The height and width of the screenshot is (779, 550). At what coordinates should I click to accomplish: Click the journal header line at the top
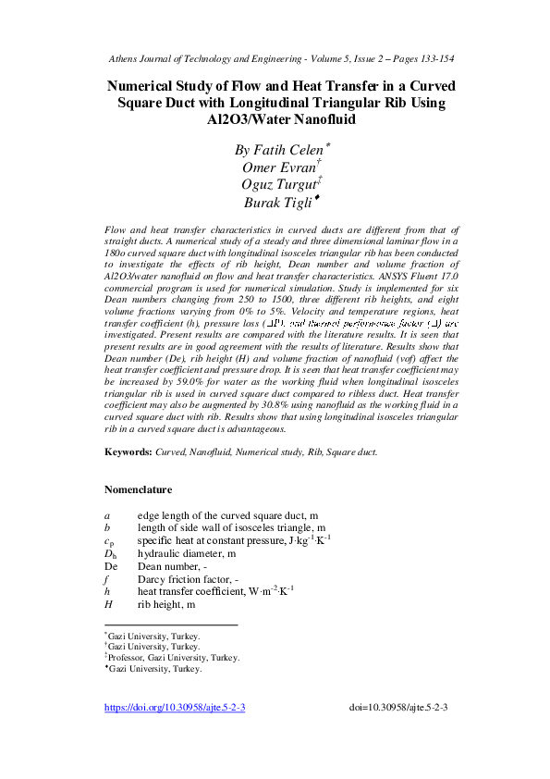[x=275, y=58]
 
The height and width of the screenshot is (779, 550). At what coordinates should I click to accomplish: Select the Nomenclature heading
[x=138, y=490]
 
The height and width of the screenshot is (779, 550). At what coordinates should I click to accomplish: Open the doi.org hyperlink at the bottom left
[x=175, y=707]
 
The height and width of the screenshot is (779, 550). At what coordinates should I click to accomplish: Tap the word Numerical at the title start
[x=147, y=85]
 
